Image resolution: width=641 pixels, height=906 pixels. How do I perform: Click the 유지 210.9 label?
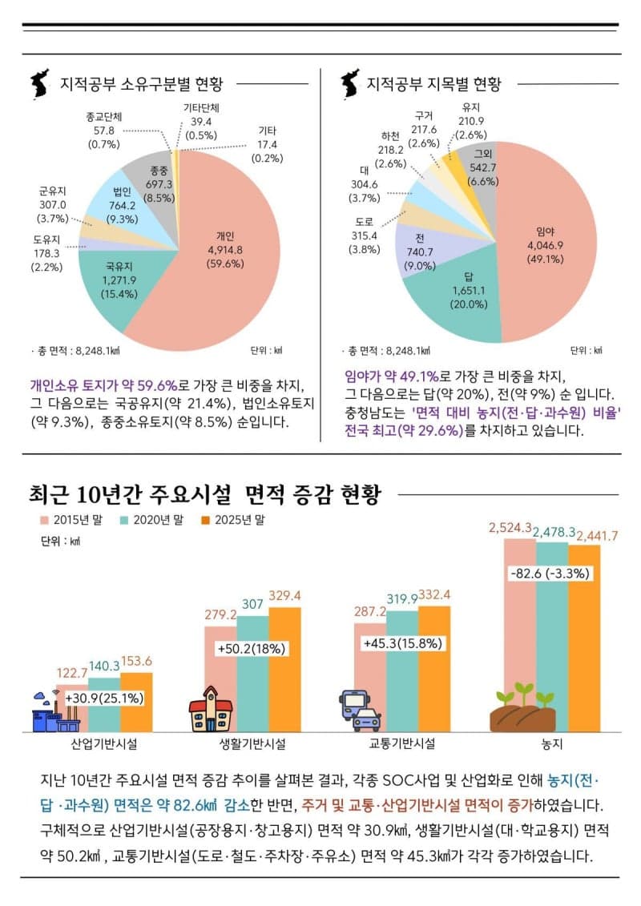coord(470,121)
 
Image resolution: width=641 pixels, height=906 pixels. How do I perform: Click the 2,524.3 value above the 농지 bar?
coord(510,528)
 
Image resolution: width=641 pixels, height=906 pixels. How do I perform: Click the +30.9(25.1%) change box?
coord(104,698)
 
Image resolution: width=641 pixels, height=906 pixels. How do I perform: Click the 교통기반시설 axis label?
coord(401,743)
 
